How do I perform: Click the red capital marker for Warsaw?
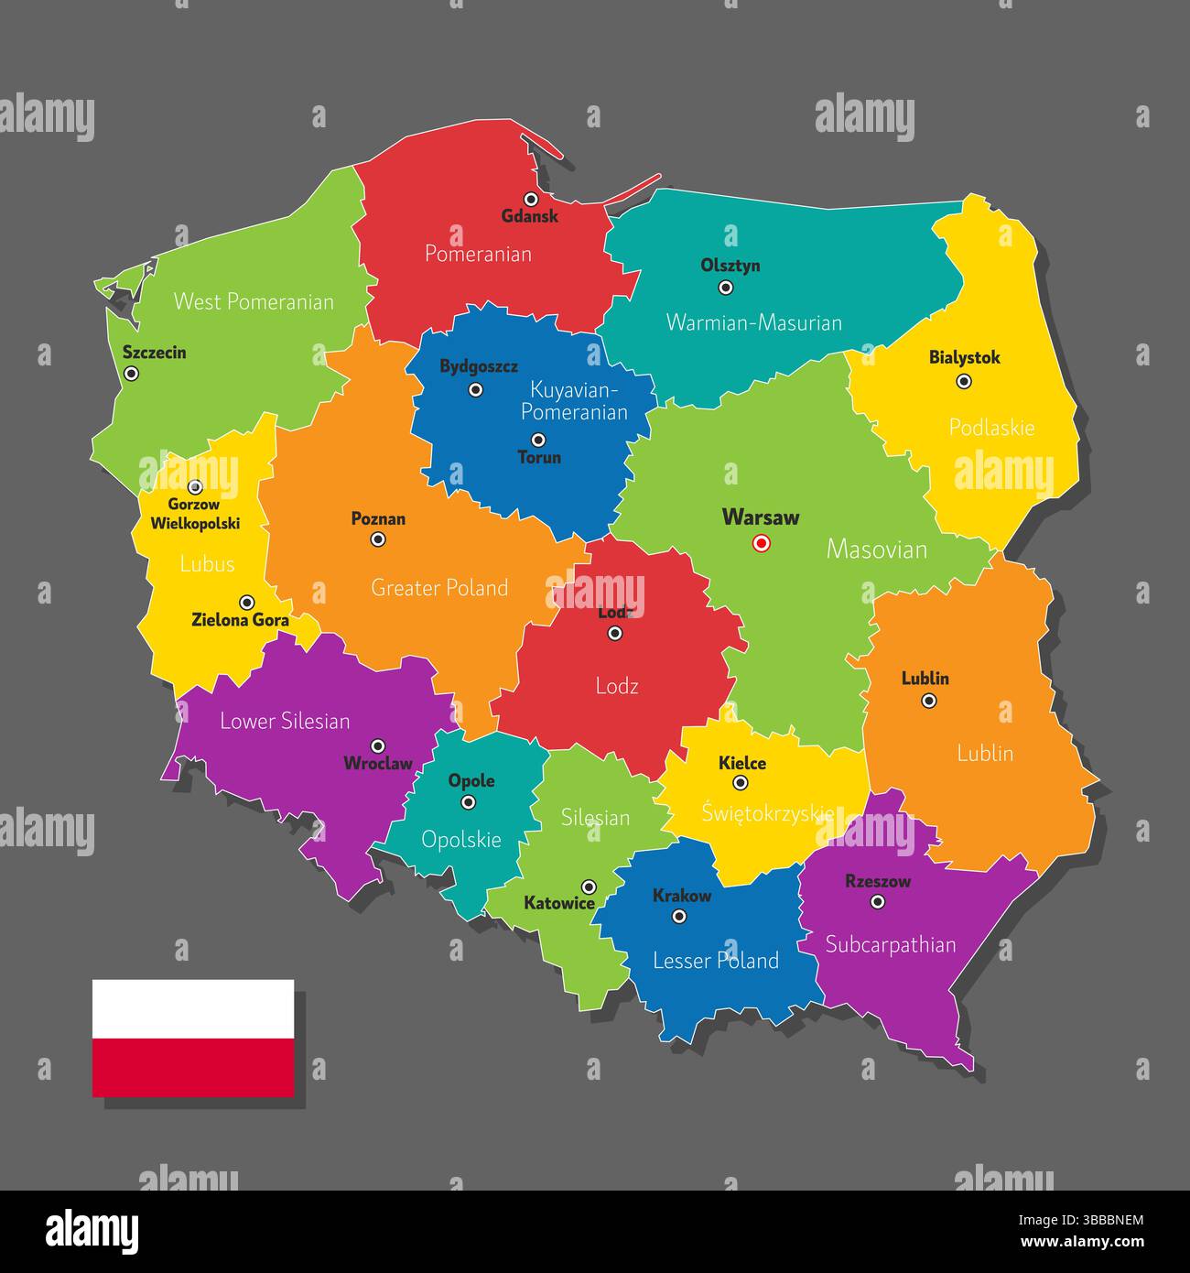point(761,544)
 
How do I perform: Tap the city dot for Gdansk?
point(531,199)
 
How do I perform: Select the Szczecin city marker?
point(132,374)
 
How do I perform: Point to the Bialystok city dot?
point(964,382)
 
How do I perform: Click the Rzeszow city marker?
point(878,902)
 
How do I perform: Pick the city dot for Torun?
point(538,440)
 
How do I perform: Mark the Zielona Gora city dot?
point(246,603)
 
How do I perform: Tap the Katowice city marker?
point(590,887)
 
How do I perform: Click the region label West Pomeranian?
point(254,301)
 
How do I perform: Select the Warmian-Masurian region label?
point(753,322)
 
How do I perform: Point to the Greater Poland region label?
point(439,588)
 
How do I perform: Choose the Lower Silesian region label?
point(285,722)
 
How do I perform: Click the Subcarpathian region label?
point(891,945)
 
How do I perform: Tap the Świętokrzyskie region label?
point(767,813)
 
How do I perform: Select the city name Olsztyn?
point(730,266)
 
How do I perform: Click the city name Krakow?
point(681,896)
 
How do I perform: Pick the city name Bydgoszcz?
point(479,366)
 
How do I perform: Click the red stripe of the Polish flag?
point(193,1067)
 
